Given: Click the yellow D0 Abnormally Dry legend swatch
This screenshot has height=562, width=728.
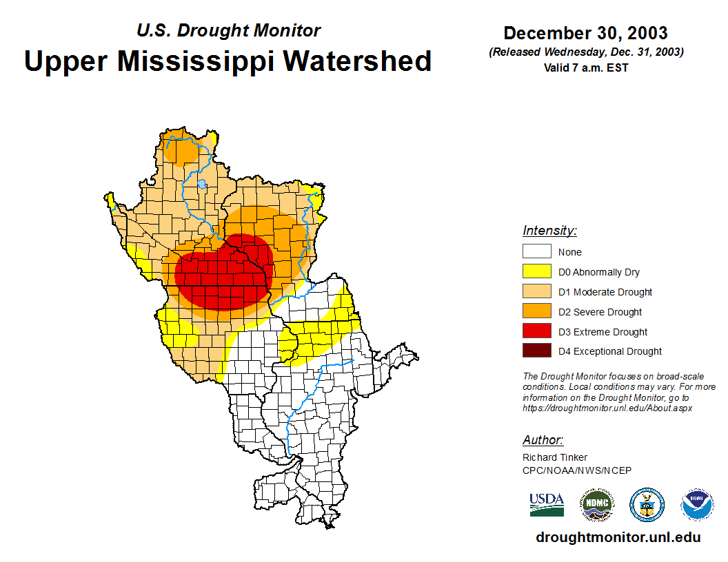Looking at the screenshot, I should tap(536, 271).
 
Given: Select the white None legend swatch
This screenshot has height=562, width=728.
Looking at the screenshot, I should tap(536, 251).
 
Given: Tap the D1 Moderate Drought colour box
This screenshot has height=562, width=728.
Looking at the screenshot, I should tap(536, 291).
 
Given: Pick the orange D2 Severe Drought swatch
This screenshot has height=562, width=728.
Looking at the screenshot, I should tap(536, 311).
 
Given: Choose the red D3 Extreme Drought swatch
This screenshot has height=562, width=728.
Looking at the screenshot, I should tap(536, 331).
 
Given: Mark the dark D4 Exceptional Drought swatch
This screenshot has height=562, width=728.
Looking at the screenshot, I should tap(536, 351).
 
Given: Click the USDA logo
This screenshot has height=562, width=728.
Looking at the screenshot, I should tap(547, 505).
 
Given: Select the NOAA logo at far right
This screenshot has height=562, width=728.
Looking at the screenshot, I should tap(697, 505).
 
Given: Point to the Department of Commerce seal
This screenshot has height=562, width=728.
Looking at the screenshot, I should tap(647, 505).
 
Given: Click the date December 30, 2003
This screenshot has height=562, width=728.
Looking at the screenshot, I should tap(585, 33).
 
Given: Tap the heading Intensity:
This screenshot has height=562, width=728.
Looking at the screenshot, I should tap(549, 231).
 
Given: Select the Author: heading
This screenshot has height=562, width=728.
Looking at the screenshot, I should tap(543, 440).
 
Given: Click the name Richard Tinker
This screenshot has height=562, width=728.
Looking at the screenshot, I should tap(555, 457).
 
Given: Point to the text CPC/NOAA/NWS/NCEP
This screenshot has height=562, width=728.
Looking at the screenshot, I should tap(577, 470).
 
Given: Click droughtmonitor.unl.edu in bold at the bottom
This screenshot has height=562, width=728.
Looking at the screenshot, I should tap(618, 538).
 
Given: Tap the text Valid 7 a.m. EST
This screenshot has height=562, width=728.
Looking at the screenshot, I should tap(585, 67).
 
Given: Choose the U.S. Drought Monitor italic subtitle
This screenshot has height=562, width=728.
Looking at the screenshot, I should tap(228, 31).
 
